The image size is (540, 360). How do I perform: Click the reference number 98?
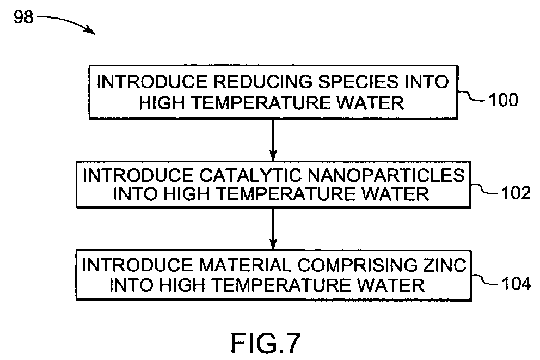click(x=23, y=17)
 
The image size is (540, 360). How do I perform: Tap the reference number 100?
click(x=504, y=100)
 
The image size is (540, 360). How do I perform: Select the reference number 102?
click(x=516, y=193)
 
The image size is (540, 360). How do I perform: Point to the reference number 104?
click(x=516, y=284)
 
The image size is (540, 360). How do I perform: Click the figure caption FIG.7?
click(x=266, y=343)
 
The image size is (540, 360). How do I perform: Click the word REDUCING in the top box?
click(x=263, y=82)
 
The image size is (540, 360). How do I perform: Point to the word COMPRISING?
click(x=357, y=265)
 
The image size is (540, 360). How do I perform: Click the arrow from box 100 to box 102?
click(x=273, y=140)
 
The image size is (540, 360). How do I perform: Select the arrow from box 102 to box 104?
click(x=273, y=229)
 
